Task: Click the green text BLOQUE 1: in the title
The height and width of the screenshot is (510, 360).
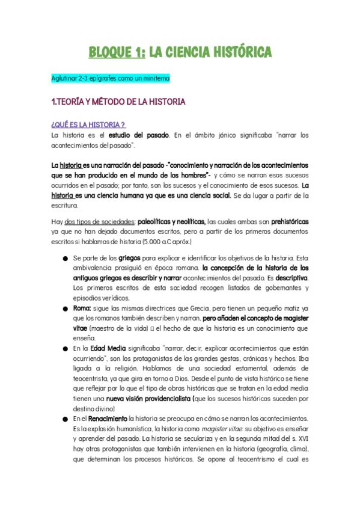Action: tap(117, 53)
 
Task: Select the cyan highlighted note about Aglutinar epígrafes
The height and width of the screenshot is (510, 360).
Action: tap(111, 79)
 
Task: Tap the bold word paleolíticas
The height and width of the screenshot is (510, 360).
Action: tap(159, 221)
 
